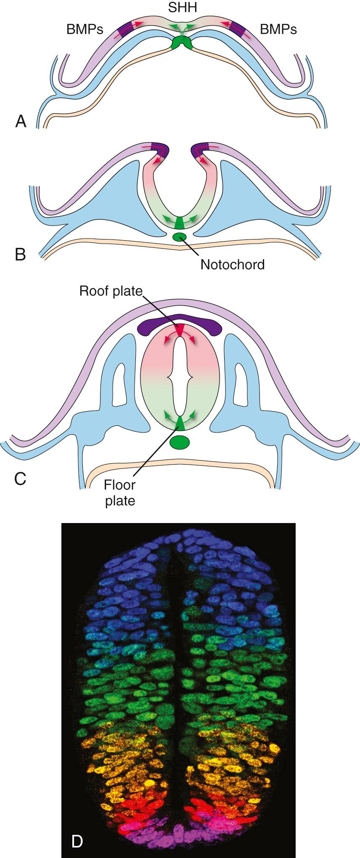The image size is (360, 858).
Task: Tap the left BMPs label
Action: click(85, 29)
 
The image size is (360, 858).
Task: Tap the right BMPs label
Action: click(278, 29)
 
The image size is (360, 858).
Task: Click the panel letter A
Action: click(21, 121)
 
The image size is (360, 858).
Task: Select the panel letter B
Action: click(20, 255)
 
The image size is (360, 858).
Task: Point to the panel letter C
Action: click(20, 478)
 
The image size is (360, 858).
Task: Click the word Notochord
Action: click(233, 265)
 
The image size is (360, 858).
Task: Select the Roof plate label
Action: click(111, 292)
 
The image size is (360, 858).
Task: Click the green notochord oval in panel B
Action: click(181, 237)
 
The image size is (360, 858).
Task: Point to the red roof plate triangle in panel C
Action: click(180, 329)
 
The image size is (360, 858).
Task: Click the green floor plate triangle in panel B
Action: click(180, 223)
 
